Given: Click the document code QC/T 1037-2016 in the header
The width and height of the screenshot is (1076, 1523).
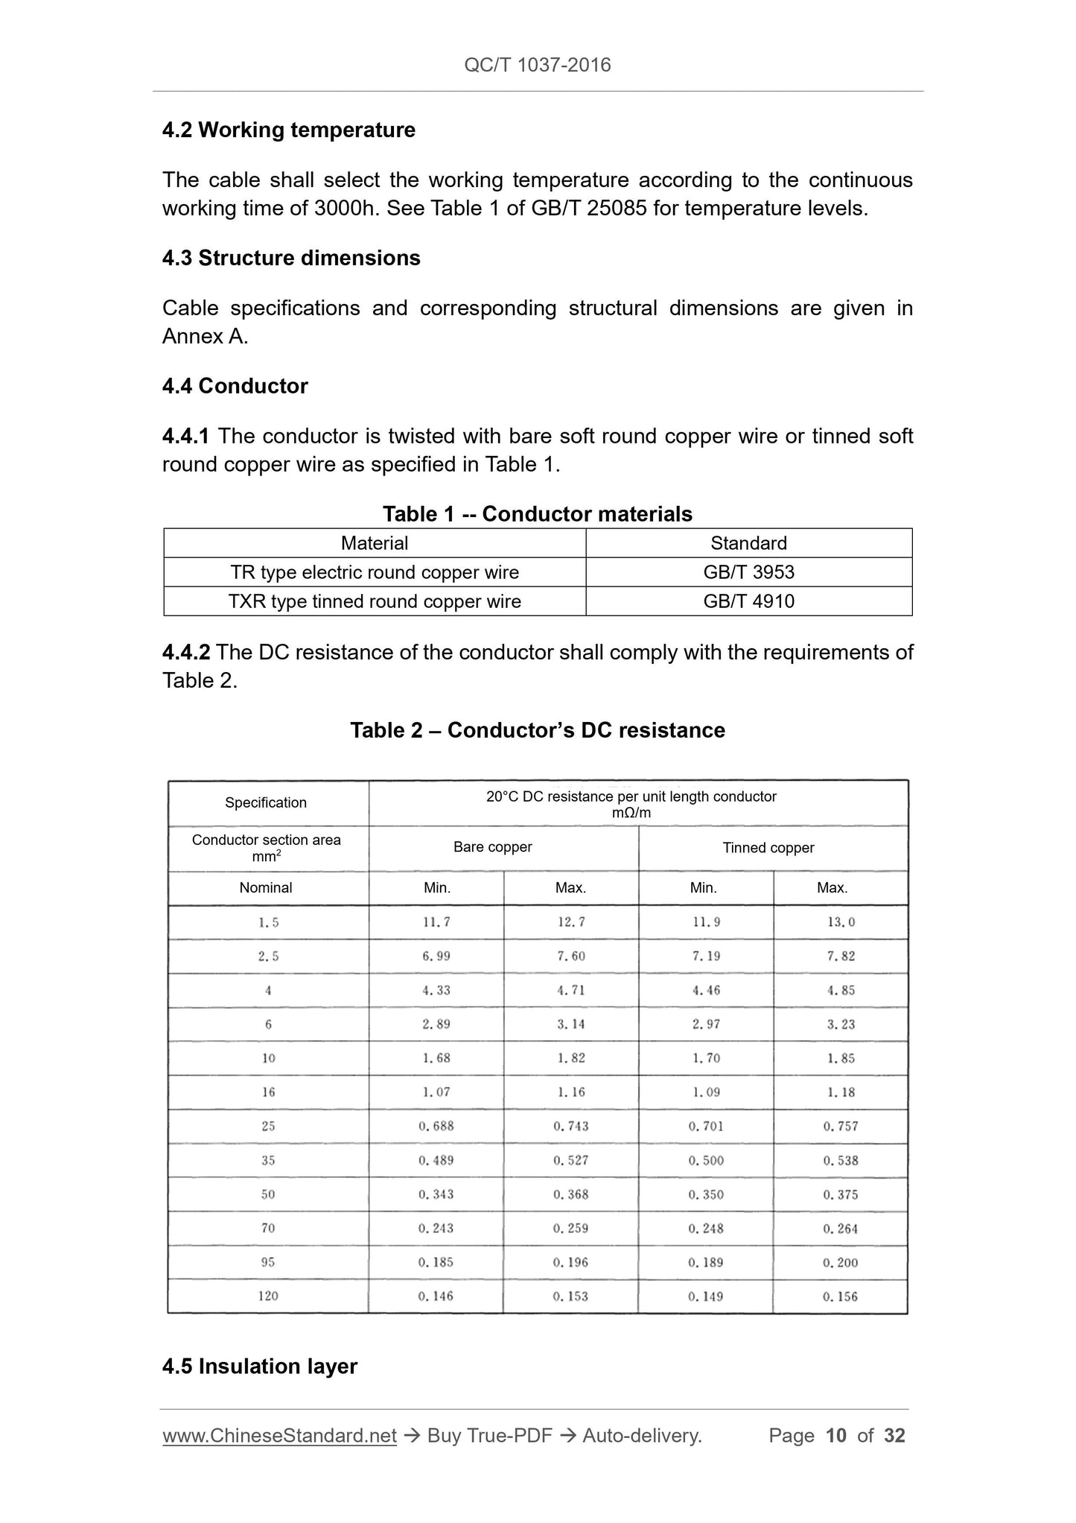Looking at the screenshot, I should (x=537, y=65).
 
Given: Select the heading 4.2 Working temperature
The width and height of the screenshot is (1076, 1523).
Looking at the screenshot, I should (x=289, y=130).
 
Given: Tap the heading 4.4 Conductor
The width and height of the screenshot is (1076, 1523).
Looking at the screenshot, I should (x=235, y=386).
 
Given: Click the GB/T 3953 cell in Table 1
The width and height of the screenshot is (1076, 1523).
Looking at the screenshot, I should (x=748, y=572).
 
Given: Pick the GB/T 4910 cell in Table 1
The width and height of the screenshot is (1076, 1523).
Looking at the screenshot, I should (x=748, y=601).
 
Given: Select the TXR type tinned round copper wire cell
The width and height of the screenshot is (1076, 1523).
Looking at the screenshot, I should (x=375, y=601).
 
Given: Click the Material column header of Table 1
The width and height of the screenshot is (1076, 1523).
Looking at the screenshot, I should (x=375, y=543).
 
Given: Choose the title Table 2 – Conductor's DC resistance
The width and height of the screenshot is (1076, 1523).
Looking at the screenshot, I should (x=537, y=730).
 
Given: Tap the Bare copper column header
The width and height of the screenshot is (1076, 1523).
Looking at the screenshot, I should (x=492, y=847).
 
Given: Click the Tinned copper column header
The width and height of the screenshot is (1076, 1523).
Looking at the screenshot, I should (x=768, y=848).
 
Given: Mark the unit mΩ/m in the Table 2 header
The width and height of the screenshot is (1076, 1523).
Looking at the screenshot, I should (x=631, y=813).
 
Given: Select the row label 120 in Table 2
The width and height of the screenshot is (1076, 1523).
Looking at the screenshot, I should (x=268, y=1296).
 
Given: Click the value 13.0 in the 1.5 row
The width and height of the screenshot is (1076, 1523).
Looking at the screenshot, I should (x=841, y=922).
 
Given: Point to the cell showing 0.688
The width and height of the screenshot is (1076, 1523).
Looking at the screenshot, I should (x=436, y=1127).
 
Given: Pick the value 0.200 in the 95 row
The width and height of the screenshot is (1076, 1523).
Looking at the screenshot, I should (x=841, y=1263).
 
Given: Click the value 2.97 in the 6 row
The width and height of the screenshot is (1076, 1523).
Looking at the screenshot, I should (x=706, y=1025).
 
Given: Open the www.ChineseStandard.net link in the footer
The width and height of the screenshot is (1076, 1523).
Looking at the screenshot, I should (x=279, y=1436).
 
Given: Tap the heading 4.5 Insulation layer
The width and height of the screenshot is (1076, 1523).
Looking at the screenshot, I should (x=259, y=1367).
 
